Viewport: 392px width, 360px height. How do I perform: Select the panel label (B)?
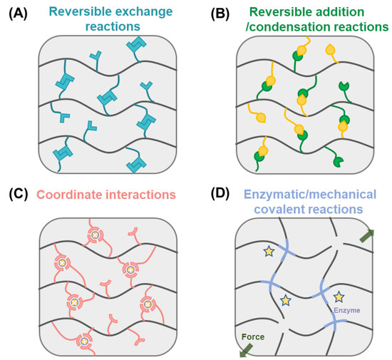coord(212,12)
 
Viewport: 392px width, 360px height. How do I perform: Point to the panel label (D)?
coord(212,195)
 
